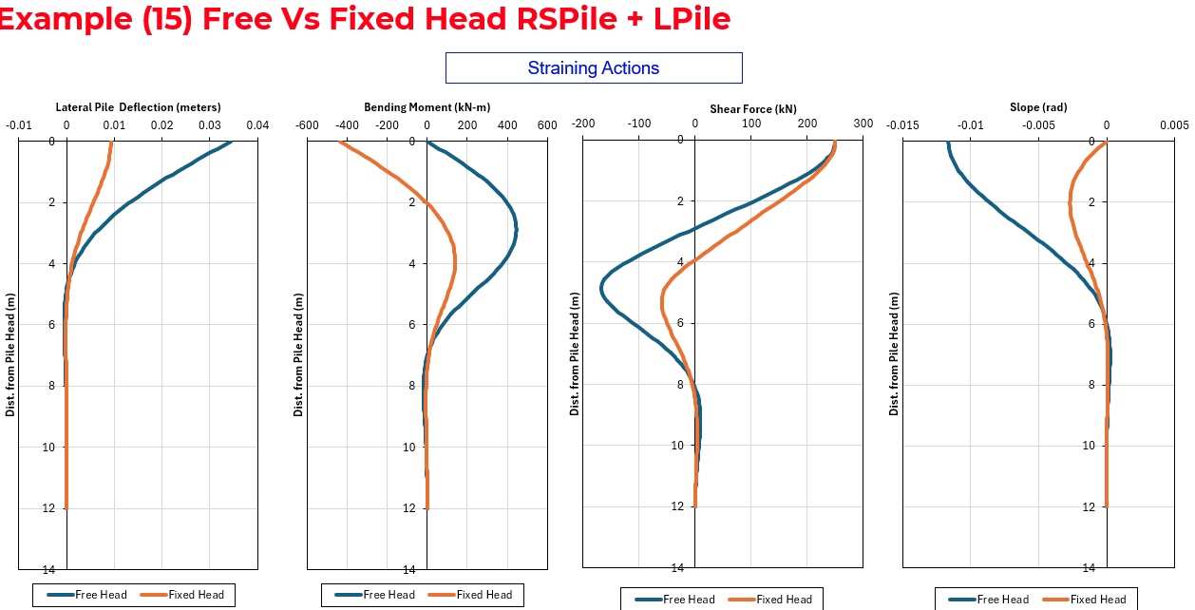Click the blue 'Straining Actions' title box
click(594, 67)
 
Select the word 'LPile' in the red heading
click(692, 19)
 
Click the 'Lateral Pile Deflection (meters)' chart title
click(138, 107)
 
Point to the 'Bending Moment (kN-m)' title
click(427, 107)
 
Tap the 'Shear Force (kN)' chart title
click(753, 109)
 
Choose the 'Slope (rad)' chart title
click(1038, 107)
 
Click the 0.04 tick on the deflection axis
click(257, 125)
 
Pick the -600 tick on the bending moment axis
click(307, 125)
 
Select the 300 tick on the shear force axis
click(863, 124)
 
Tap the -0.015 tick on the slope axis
click(903, 125)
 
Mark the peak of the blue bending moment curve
click(516, 229)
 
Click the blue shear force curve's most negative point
click(602, 286)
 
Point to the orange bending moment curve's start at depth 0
click(339, 143)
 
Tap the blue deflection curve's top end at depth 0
click(231, 143)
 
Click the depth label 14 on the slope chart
click(1089, 567)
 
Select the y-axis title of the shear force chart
click(575, 353)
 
